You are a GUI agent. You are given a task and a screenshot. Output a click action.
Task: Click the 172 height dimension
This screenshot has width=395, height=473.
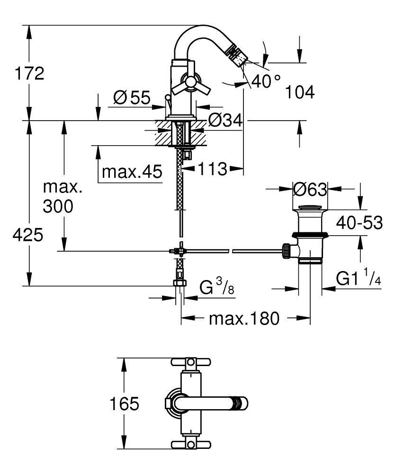[x=29, y=73]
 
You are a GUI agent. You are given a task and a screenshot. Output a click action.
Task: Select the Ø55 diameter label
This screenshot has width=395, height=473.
[x=132, y=98]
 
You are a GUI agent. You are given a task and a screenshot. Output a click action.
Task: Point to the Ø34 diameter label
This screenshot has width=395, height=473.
[x=225, y=121]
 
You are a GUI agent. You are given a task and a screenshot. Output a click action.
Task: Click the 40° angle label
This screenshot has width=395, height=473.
[x=266, y=81]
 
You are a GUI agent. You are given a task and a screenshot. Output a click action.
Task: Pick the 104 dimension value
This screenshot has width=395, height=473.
[x=300, y=93]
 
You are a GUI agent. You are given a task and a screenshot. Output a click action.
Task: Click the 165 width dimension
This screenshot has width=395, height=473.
[x=124, y=404]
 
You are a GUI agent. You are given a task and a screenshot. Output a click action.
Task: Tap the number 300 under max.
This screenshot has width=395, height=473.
[x=58, y=207]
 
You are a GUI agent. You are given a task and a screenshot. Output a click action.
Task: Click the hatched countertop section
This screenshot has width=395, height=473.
[x=180, y=134]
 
